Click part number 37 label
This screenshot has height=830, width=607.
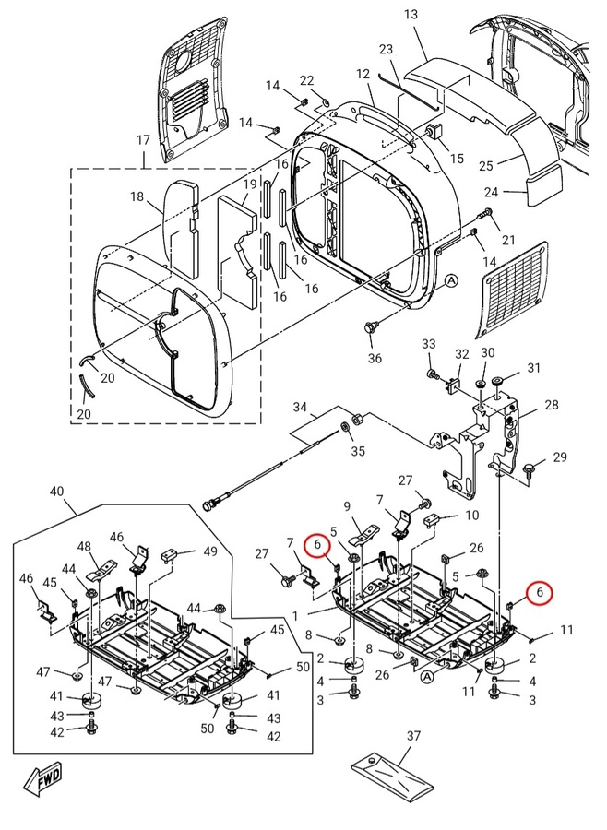413,736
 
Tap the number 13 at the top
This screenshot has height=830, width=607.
411,14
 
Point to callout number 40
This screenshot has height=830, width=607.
56,492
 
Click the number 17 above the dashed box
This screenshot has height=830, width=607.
143,140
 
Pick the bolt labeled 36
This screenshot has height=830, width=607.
371,328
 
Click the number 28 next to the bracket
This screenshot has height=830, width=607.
552,405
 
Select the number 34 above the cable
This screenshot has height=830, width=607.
300,407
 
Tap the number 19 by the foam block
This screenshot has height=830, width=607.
250,184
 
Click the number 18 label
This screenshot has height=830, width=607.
137,197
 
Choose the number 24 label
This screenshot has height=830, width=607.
491,192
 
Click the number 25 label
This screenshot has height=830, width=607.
486,166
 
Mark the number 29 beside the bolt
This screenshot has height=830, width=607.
560,456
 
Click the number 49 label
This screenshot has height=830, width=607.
210,551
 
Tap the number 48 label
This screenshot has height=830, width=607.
84,546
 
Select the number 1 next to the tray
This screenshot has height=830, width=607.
295,616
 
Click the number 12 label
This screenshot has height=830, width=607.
363,74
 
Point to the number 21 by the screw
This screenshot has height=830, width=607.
508,241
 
